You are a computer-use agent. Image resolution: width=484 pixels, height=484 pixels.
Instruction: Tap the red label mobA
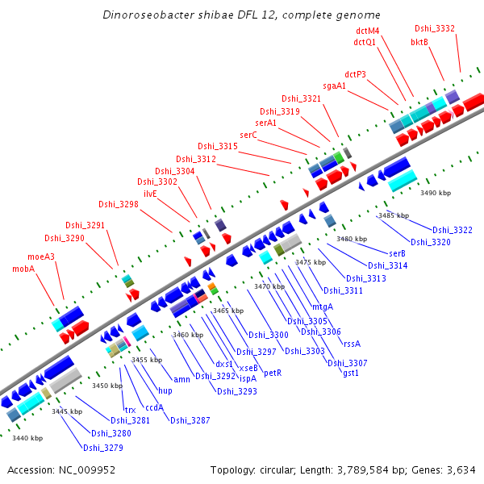click(23, 269)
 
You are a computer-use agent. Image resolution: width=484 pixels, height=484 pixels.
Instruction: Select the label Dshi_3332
click(435, 28)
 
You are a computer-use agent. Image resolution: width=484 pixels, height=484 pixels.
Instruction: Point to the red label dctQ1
click(365, 42)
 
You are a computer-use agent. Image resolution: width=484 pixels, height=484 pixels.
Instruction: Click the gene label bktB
click(419, 42)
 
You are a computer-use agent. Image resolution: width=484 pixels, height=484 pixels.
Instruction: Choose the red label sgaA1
click(335, 86)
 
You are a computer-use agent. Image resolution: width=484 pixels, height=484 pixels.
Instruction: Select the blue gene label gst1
click(351, 373)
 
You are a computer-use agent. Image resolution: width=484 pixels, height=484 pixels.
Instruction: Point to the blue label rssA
click(352, 343)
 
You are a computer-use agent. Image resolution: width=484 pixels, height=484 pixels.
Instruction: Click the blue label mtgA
click(323, 307)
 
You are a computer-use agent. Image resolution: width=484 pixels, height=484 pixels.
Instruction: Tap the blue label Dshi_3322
click(452, 231)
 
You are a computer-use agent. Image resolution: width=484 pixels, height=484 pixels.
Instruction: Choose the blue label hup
click(165, 390)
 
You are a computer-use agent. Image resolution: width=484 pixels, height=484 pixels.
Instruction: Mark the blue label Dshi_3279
click(102, 448)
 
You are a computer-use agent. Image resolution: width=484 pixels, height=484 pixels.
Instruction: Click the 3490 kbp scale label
click(436, 194)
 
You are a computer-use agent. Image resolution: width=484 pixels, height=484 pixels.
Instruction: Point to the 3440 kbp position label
click(27, 438)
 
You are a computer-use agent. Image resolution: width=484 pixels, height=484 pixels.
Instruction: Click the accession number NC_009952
click(88, 469)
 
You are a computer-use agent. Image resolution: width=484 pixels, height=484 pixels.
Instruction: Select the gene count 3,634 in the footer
click(460, 469)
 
